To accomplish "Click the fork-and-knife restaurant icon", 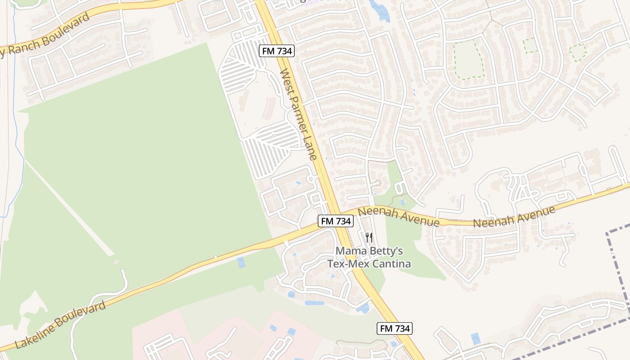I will [369, 238].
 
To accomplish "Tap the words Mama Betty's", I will [369, 251].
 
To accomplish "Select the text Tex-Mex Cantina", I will [369, 264].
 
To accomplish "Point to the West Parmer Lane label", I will [299, 114].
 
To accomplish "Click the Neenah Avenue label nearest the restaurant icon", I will [398, 216].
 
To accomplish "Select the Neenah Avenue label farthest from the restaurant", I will [513, 216].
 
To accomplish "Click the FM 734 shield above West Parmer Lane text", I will [277, 51].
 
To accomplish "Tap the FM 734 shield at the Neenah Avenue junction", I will [335, 221].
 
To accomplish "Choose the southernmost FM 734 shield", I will [394, 328].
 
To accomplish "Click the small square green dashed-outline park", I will [531, 45].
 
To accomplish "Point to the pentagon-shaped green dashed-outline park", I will [577, 52].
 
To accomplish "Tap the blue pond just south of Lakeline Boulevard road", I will [241, 262].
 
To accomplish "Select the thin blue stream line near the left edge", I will [17, 135].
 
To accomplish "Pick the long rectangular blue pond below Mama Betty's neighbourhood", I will [314, 303].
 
